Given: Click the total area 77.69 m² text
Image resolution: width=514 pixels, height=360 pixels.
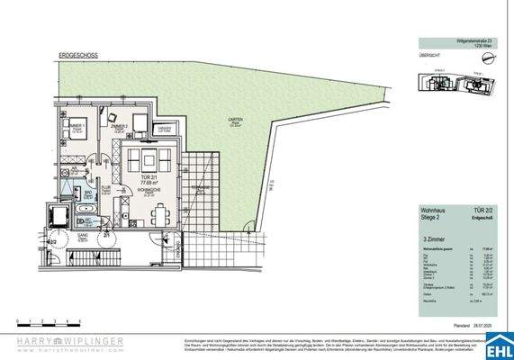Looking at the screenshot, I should pyautogui.click(x=143, y=186).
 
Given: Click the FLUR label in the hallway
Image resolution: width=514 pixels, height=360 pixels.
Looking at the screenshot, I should pyautogui.click(x=104, y=188).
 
